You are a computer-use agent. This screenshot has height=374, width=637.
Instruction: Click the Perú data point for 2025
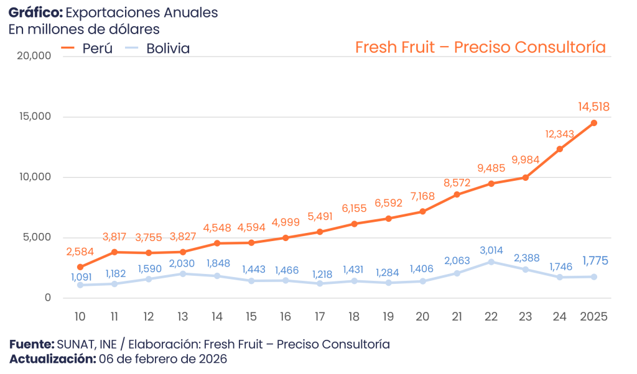coord(593,123)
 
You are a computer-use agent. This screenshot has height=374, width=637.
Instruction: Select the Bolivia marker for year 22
coord(491,262)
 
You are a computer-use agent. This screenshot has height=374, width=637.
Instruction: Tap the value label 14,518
coord(593,107)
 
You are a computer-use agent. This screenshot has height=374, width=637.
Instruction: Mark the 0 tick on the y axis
coord(48,298)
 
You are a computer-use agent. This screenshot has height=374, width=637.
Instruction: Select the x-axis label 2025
coord(593,316)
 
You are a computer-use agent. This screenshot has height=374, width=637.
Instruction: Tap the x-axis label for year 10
coord(80,316)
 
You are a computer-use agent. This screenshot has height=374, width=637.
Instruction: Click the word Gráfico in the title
coord(29,13)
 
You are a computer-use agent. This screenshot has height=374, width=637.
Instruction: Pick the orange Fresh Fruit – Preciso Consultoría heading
coord(480,47)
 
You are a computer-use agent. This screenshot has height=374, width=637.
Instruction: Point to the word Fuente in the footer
coord(31,344)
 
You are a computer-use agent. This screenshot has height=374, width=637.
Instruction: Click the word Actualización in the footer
coord(52,359)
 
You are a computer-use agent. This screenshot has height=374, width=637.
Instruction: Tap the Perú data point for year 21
coord(457,194)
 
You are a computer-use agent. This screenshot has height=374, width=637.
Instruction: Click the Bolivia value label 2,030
coord(182,263)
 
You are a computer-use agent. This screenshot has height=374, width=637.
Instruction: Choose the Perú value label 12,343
coord(559,134)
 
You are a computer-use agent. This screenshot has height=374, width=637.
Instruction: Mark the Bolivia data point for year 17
coord(320,283)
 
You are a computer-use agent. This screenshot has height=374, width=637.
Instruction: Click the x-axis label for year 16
coord(286,316)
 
